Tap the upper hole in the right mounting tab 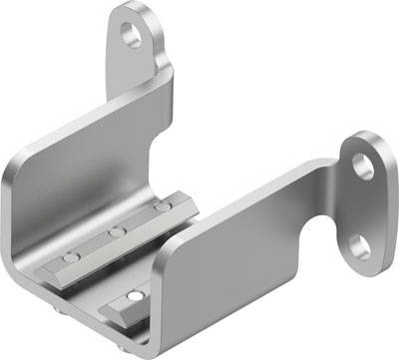(x=363, y=165)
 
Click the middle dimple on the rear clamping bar (x=118, y=231)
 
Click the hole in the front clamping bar (x=134, y=297)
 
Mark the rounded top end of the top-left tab (x=132, y=10)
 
